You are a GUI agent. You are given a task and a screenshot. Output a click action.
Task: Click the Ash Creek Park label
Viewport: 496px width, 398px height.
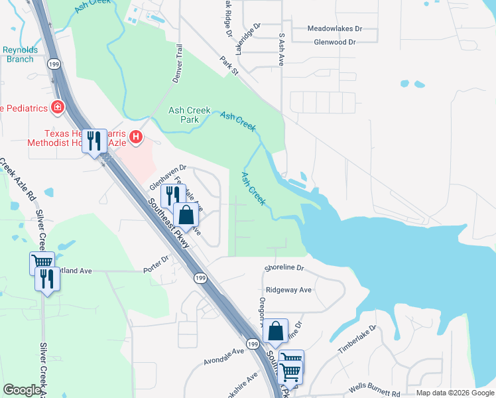point(189,115)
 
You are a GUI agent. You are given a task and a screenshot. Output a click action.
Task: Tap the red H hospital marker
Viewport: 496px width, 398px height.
point(136,137)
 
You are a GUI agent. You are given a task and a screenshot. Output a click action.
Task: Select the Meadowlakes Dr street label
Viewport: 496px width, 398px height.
point(335,29)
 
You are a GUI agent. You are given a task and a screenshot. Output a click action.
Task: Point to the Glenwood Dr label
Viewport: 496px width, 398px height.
point(334,42)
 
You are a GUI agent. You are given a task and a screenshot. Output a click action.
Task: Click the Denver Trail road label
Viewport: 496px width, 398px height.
point(177,64)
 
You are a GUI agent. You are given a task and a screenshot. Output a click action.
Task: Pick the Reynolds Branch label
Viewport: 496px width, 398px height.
point(19,54)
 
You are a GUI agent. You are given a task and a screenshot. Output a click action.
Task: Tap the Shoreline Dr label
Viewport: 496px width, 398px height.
point(284,269)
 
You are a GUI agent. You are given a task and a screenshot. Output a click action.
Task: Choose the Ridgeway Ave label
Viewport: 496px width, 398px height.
point(288,290)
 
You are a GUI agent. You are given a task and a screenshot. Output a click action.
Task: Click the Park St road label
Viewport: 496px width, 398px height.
point(229,65)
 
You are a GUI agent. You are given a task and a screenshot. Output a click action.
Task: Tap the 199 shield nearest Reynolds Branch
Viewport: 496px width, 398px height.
point(54,64)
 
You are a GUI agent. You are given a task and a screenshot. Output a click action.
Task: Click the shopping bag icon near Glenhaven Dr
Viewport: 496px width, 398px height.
point(186,216)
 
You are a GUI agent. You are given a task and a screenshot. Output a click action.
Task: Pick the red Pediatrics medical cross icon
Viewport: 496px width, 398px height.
point(58,107)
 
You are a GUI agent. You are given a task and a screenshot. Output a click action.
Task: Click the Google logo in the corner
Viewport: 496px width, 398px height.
point(22,390)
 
